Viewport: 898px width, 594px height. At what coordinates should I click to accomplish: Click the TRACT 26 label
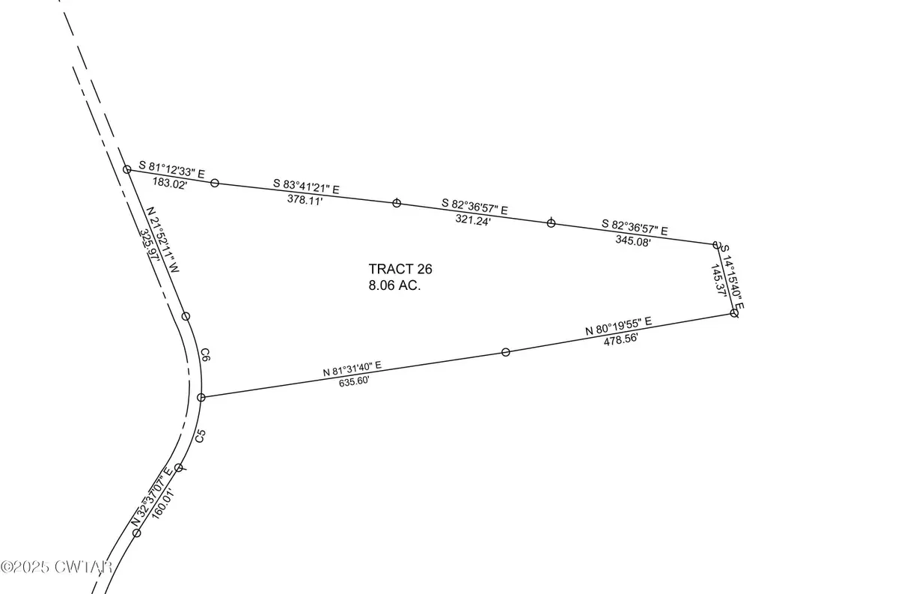tap(400, 269)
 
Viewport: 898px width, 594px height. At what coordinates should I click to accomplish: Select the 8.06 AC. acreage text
tap(394, 285)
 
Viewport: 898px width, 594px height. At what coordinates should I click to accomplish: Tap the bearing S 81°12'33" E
tap(176, 168)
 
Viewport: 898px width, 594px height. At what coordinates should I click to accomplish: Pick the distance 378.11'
tap(305, 199)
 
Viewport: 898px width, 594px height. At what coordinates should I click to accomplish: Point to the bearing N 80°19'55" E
tap(618, 326)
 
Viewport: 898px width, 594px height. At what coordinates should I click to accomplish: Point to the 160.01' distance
tap(162, 503)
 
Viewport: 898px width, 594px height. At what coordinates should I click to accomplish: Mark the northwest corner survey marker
tap(126, 170)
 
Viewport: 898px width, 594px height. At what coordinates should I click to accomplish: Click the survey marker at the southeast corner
tap(734, 313)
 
